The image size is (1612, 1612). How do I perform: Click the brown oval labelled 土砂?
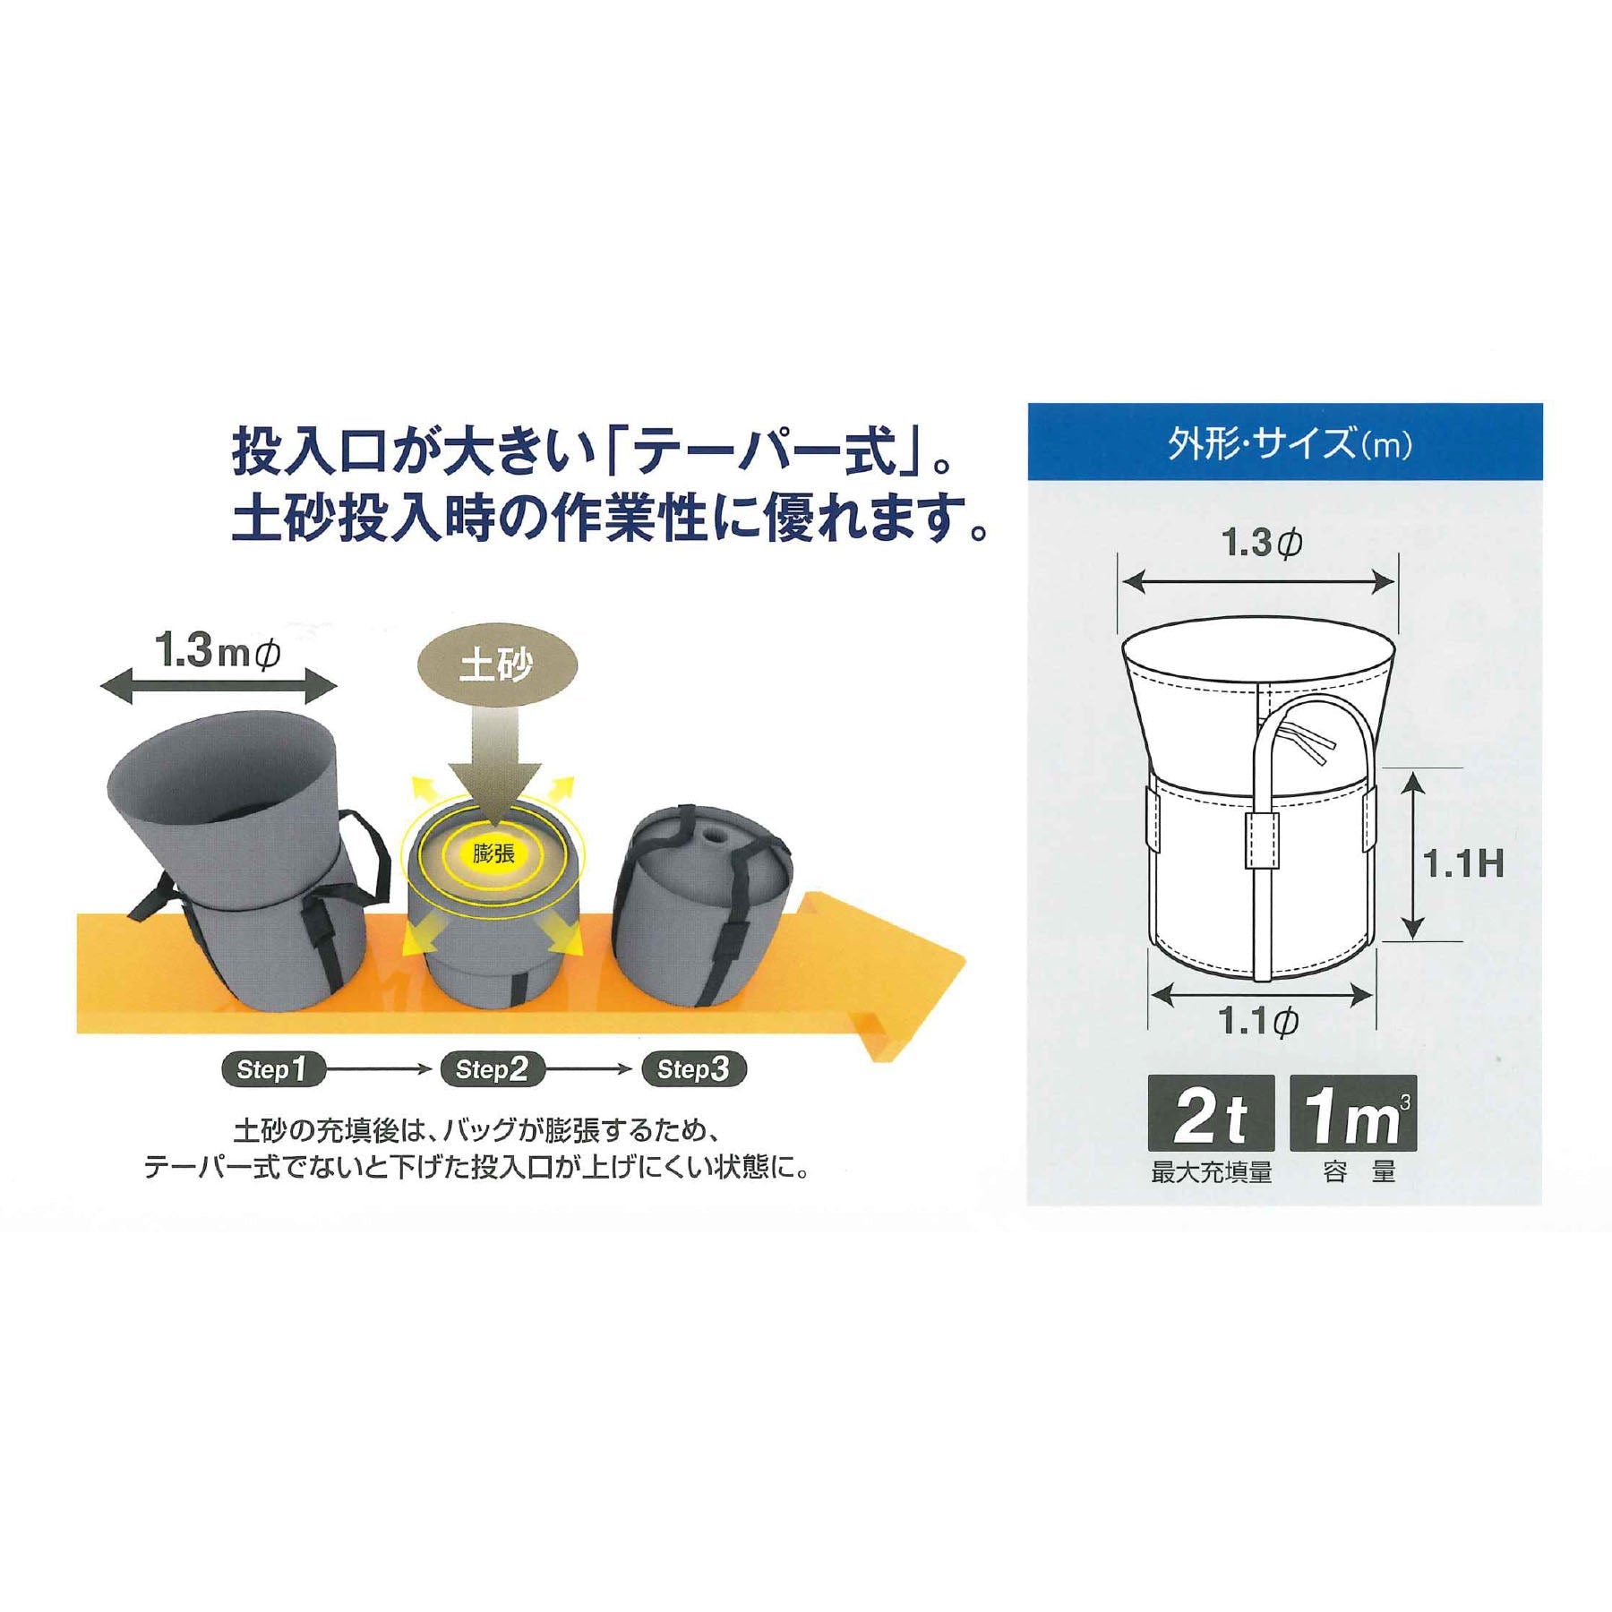click(x=496, y=665)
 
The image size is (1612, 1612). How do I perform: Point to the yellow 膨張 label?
click(x=493, y=852)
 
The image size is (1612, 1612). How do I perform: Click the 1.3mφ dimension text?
click(x=218, y=651)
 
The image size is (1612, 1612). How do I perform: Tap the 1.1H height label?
click(x=1463, y=863)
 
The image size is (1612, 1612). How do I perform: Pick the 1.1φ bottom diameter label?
click(x=1259, y=1021)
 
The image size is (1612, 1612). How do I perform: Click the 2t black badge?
click(x=1211, y=1113)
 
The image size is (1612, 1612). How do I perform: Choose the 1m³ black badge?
click(x=1353, y=1113)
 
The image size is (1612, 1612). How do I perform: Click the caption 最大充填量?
click(x=1211, y=1172)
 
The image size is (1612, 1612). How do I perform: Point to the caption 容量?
click(x=1359, y=1172)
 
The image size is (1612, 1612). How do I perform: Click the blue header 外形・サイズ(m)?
click(x=1285, y=443)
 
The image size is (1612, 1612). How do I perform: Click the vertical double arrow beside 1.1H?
click(x=1411, y=856)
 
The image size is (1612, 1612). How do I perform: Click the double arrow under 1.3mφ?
click(x=219, y=687)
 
